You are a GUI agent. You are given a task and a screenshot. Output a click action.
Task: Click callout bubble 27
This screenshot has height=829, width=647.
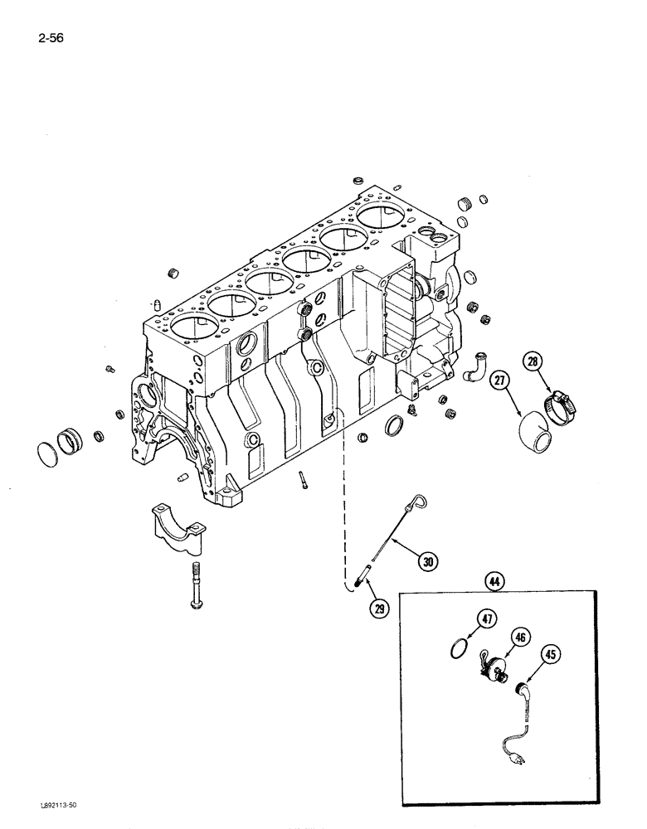[499, 382]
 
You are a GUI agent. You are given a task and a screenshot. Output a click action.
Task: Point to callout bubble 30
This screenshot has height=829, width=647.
[427, 562]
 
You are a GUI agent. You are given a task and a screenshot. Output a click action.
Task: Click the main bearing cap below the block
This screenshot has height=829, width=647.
[178, 530]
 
